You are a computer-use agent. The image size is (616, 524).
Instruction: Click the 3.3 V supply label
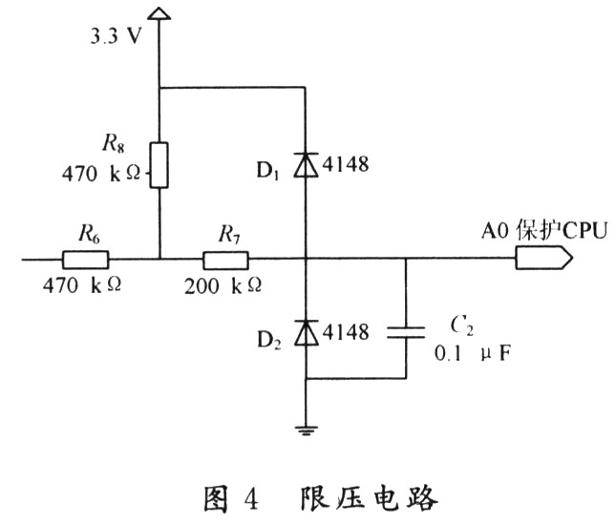click(116, 36)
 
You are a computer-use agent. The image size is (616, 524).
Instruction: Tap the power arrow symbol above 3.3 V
click(159, 13)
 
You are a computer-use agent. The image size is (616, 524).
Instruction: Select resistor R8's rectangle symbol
click(159, 165)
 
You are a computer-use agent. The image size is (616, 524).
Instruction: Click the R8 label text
click(113, 143)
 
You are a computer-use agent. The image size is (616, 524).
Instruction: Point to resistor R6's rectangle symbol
click(85, 260)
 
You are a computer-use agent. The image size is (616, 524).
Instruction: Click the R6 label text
click(89, 234)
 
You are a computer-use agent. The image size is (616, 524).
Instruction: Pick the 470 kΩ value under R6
click(82, 285)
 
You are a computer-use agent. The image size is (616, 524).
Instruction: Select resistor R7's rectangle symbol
click(225, 260)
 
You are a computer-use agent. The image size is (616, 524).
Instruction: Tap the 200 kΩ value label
click(223, 285)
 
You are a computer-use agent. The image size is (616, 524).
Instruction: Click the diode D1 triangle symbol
click(306, 165)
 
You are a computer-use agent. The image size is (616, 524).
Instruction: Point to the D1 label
click(267, 171)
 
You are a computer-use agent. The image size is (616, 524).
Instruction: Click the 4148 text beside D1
click(346, 164)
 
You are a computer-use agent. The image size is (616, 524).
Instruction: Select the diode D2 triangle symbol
click(307, 332)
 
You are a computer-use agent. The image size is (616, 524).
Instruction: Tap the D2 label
click(269, 340)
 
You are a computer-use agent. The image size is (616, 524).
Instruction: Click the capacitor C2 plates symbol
click(406, 332)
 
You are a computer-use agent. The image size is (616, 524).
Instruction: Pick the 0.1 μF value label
click(473, 354)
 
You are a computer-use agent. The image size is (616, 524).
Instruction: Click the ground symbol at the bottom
click(307, 431)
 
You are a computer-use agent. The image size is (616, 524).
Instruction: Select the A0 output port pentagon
click(544, 258)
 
